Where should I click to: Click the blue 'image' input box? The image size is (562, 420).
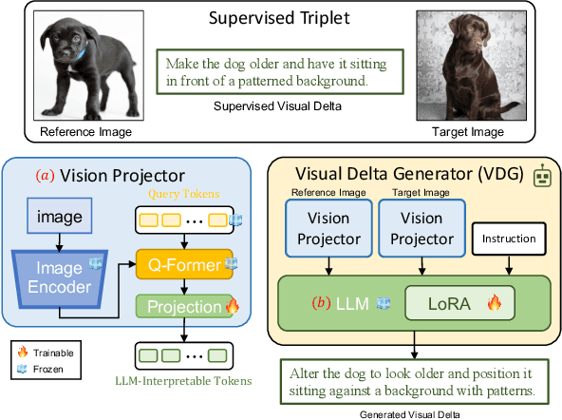tap(61, 217)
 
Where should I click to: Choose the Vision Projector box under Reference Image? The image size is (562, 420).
tap(325, 233)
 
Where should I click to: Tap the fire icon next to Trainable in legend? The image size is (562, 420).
tap(24, 351)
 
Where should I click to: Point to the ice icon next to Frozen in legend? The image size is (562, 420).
tap(24, 366)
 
